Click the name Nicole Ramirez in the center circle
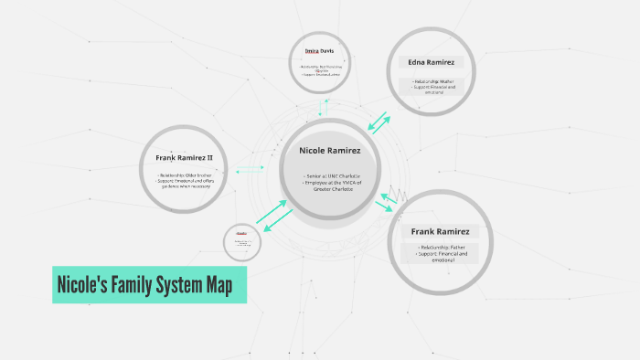pyautogui.click(x=331, y=149)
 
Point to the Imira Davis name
pyautogui.click(x=320, y=51)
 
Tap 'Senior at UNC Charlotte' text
pyautogui.click(x=332, y=175)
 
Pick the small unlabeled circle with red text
pyautogui.click(x=242, y=242)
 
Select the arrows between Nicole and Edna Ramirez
pyautogui.click(x=378, y=123)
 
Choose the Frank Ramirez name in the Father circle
pyautogui.click(x=440, y=231)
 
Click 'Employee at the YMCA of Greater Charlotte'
pyautogui.click(x=332, y=185)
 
